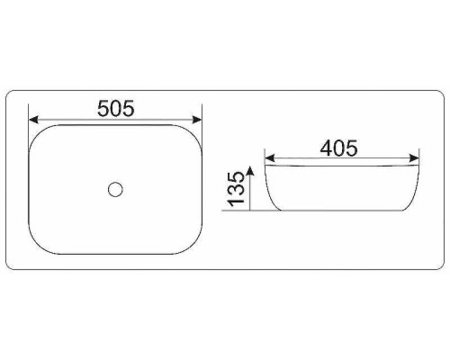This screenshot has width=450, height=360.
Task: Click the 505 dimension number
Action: point(116,108)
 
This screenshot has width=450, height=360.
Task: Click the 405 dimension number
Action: point(338,148)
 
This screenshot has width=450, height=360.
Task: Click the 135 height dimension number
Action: point(236,189)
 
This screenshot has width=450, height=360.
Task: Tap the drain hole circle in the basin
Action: point(115,190)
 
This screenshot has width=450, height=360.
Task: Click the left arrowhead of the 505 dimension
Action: point(33,120)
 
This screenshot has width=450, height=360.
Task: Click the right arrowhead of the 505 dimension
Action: point(197,120)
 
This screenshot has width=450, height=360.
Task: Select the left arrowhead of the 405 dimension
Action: point(270,158)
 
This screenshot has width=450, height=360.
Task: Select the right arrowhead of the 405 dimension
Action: point(414,158)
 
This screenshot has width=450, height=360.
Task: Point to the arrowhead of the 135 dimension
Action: point(250,170)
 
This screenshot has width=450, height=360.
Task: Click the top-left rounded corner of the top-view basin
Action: point(35,132)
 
